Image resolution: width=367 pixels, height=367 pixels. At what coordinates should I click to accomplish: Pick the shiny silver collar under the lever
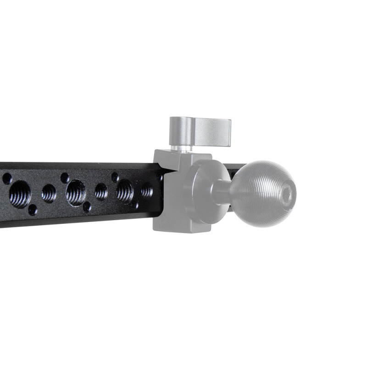pyautogui.click(x=182, y=148)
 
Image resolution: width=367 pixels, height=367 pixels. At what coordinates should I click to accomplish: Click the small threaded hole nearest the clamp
pyautogui.click(x=146, y=189)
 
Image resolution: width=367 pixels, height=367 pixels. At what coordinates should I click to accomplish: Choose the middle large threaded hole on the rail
pyautogui.click(x=76, y=193)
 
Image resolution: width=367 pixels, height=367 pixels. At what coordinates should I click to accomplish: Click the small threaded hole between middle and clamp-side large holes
pyautogui.click(x=101, y=191)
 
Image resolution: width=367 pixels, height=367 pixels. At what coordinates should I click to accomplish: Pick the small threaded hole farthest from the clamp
pyautogui.click(x=49, y=193)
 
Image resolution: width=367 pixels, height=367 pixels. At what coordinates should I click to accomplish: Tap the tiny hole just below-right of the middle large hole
pyautogui.click(x=87, y=207)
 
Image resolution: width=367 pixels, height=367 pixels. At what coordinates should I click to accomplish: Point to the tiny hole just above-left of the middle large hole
pyautogui.click(x=65, y=177)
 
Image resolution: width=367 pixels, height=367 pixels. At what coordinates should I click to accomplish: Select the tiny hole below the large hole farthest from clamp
pyautogui.click(x=33, y=210)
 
